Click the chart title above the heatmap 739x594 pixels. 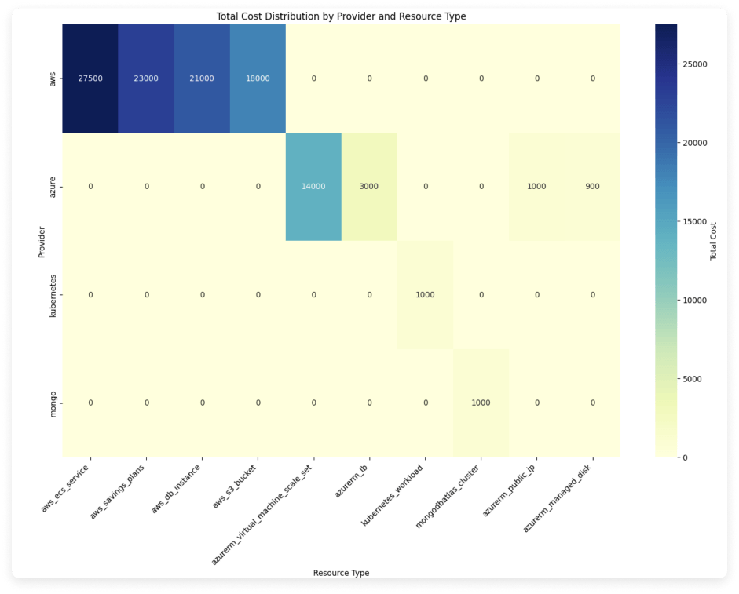pos(341,16)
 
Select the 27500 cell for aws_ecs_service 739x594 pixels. pos(90,78)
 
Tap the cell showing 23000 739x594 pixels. pos(146,78)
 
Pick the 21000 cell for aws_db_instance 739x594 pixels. pos(202,78)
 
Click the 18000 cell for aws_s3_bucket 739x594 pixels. pos(258,78)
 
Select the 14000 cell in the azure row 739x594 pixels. pos(313,187)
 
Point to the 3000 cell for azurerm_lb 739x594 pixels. pos(369,187)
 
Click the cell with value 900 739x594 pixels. pos(592,187)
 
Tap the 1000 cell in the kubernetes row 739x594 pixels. pos(425,295)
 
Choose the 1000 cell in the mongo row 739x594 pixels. pos(481,403)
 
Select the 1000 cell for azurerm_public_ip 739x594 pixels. pos(536,187)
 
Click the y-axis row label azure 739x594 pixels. pos(49,187)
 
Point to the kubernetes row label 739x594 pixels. pos(49,295)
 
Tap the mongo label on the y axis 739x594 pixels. pos(49,403)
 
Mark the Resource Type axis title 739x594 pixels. pos(341,573)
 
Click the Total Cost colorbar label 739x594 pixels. pos(714,240)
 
